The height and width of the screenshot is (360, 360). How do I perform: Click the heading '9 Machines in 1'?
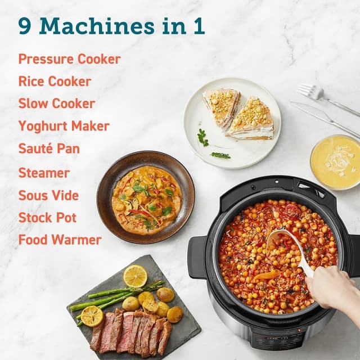(111, 25)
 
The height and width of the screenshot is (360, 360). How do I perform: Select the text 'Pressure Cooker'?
(69, 59)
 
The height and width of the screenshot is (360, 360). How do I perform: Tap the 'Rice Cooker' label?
(55, 81)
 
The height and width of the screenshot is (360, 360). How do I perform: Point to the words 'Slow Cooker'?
(56, 103)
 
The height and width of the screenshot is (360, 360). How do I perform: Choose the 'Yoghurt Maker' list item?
(64, 126)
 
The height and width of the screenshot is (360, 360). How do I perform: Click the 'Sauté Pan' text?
(49, 149)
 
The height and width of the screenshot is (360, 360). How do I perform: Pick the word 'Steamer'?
(44, 173)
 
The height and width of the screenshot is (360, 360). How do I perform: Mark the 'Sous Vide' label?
(48, 195)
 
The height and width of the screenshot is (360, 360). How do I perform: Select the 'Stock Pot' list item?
(47, 218)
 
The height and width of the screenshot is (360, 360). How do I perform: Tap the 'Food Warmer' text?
(60, 240)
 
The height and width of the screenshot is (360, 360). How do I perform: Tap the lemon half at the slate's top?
(135, 275)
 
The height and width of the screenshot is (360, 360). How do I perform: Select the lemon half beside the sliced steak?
(92, 316)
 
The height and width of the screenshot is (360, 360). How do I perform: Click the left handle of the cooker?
(197, 256)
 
